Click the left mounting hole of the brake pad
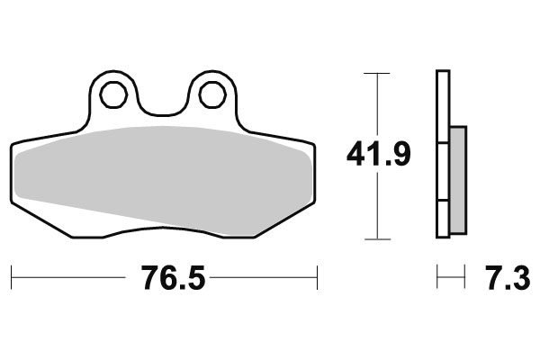click(x=113, y=93)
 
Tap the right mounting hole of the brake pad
click(x=211, y=93)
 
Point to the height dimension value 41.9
click(x=379, y=155)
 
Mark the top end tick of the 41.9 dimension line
click(x=377, y=72)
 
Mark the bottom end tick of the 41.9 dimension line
click(x=377, y=239)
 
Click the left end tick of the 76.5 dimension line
click(x=11, y=278)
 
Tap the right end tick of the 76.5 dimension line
click(x=318, y=278)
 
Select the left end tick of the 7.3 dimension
click(x=437, y=278)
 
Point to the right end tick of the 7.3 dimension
click(x=465, y=278)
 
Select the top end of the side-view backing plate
click(x=442, y=72)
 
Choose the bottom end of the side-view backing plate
click(x=442, y=238)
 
